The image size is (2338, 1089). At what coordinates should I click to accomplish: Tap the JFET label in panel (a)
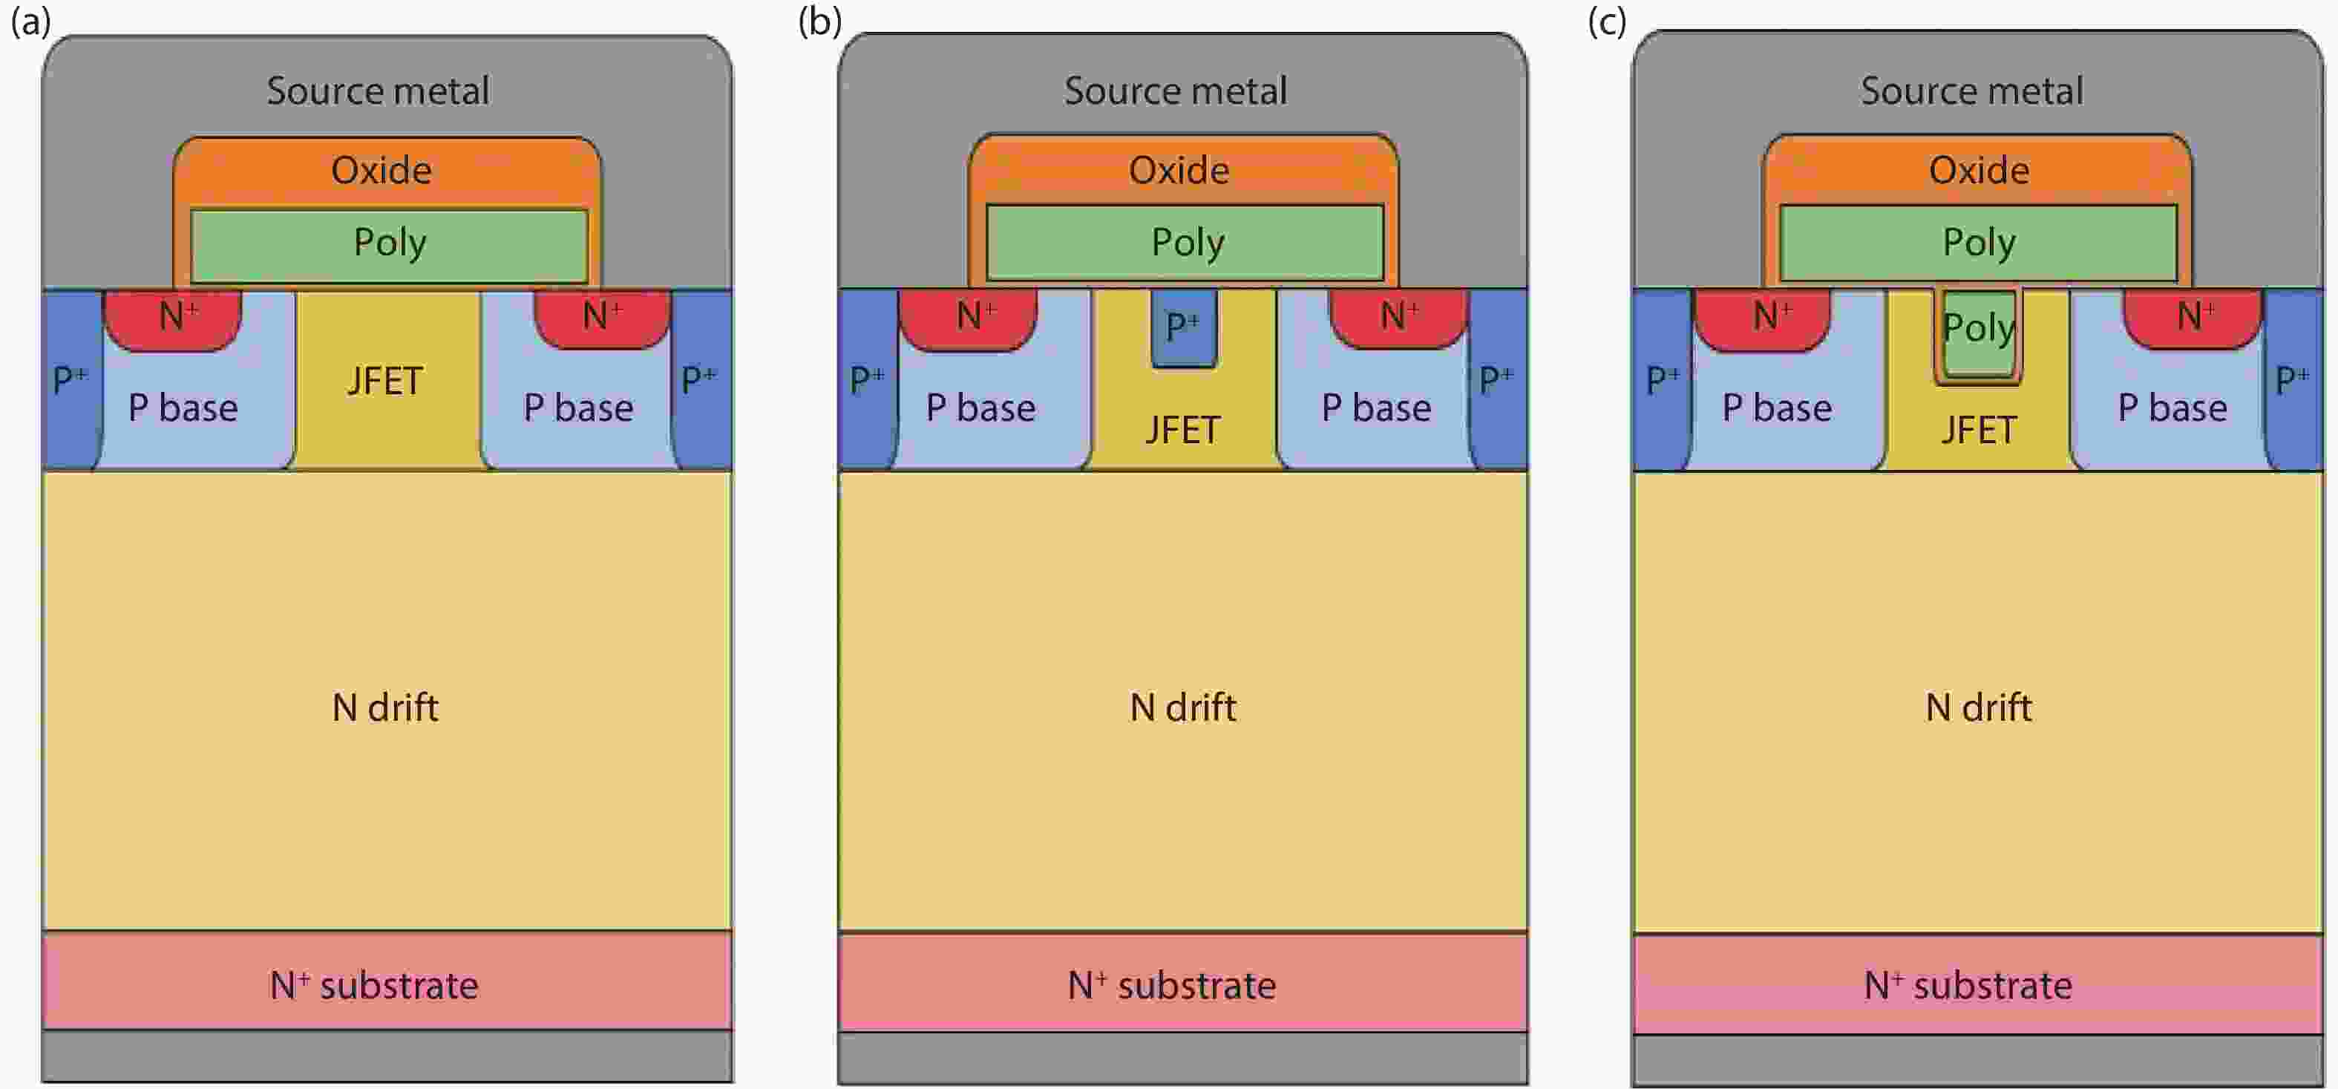click(384, 381)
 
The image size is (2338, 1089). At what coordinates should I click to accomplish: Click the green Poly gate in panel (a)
click(390, 243)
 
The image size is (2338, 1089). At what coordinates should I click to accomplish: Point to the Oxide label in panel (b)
click(1178, 171)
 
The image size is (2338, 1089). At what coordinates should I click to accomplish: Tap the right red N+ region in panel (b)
click(1398, 317)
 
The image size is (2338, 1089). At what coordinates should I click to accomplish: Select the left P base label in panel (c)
click(1776, 408)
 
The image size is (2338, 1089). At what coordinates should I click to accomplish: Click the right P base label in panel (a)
click(577, 408)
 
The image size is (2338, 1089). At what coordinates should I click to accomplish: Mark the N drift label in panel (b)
click(1182, 707)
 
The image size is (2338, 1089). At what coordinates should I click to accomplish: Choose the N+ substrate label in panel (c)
click(1968, 984)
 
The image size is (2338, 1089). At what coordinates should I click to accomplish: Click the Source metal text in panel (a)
click(378, 91)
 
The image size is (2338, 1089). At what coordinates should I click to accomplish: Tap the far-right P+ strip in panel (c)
click(2293, 379)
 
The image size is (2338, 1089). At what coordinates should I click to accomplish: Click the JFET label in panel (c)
click(1979, 430)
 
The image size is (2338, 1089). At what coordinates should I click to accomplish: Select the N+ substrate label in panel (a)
click(374, 984)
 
